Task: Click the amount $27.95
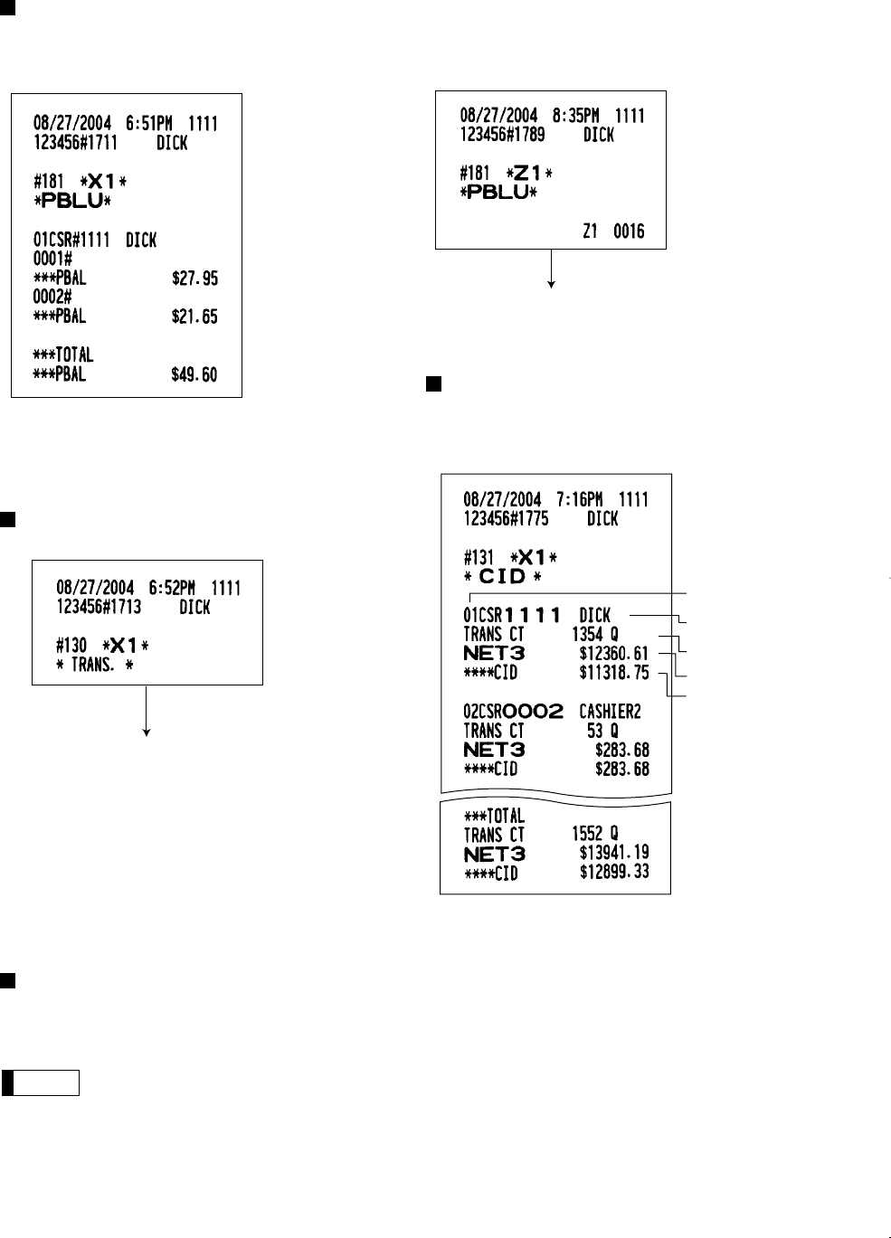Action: (x=194, y=279)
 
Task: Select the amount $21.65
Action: (x=194, y=317)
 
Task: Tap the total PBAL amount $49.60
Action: (x=194, y=374)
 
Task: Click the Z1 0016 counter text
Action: (x=612, y=232)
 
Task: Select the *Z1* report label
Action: (x=529, y=173)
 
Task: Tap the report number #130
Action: (x=71, y=645)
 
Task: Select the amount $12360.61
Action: (x=613, y=654)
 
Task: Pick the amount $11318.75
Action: (x=613, y=673)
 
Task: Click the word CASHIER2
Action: (x=610, y=712)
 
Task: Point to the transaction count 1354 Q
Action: (x=594, y=635)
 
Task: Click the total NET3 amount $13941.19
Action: (x=613, y=853)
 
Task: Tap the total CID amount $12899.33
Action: (x=613, y=873)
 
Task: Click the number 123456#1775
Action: (x=506, y=519)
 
